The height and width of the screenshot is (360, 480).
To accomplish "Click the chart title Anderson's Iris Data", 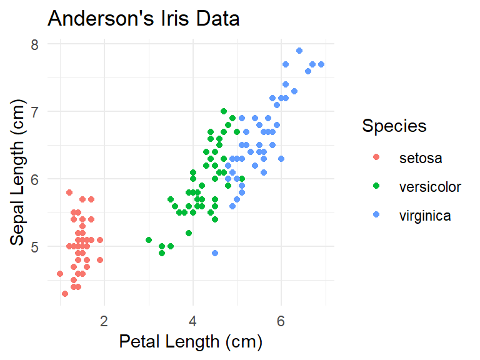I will (144, 19).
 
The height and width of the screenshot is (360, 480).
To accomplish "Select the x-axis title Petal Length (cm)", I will (191, 342).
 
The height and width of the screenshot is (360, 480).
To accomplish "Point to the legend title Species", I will (394, 126).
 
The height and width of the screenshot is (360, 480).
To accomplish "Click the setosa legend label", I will (421, 158).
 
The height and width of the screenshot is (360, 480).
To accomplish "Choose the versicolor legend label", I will (430, 187).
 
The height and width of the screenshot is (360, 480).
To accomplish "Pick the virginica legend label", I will (425, 216).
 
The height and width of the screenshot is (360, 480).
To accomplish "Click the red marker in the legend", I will (376, 158).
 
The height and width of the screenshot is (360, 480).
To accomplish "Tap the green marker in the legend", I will (376, 187).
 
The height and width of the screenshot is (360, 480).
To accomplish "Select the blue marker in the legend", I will (376, 216).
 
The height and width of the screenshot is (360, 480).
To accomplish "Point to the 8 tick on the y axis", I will (35, 44).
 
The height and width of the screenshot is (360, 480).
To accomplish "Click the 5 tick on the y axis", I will (35, 246).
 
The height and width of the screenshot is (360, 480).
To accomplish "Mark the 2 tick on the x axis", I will (104, 321).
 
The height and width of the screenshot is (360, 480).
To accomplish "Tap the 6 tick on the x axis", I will (281, 321).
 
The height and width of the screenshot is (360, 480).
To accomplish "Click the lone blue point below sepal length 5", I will (215, 253).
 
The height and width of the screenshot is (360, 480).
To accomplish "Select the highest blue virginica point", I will (299, 51).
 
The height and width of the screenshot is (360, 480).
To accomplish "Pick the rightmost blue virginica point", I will (321, 64).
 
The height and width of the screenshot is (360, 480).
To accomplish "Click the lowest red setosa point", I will (64, 294).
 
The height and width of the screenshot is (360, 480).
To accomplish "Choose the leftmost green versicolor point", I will (149, 240).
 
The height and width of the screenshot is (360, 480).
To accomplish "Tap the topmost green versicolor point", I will (224, 111).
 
